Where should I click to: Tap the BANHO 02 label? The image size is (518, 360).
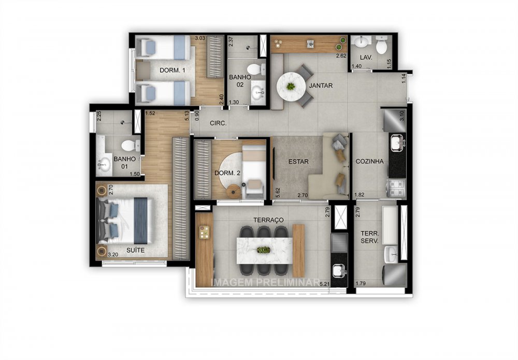(x=240, y=80)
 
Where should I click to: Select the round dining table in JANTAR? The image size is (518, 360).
(x=291, y=85)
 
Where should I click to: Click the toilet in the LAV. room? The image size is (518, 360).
(x=382, y=47)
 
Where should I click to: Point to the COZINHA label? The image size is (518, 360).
(x=369, y=162)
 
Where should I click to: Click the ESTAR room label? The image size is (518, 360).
(x=299, y=162)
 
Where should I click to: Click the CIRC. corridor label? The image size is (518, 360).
(x=217, y=123)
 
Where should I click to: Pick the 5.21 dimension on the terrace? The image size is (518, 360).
(x=325, y=284)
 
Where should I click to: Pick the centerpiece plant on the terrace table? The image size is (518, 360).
(x=263, y=250)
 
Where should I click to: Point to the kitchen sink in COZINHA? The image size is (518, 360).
(x=395, y=141)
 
